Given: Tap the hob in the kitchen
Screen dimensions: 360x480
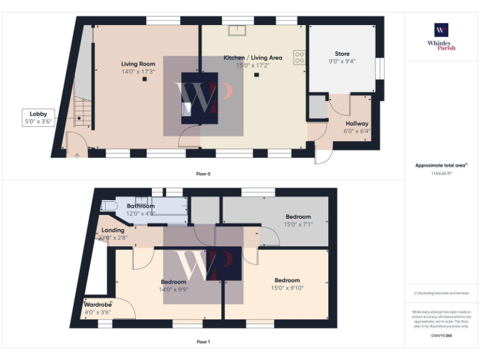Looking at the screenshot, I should (299, 57).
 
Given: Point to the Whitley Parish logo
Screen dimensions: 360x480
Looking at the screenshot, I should (441, 37).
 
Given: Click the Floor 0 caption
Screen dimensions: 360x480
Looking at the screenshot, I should (203, 174).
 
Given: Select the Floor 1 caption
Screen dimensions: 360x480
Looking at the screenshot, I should (203, 342).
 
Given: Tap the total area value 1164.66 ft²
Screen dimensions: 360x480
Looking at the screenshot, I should (441, 174).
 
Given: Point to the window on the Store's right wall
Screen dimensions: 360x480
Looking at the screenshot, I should (377, 68).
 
